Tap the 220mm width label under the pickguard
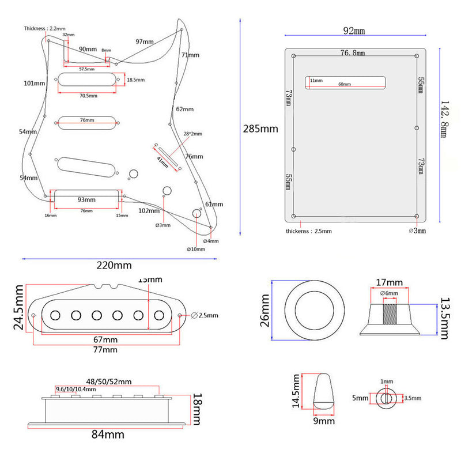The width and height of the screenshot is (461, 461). [x=114, y=266]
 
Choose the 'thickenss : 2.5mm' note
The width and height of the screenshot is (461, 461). [x=309, y=231]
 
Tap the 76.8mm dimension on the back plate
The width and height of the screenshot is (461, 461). [x=353, y=52]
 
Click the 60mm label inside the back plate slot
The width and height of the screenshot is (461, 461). [x=345, y=84]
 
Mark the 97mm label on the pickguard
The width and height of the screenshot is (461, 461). [x=145, y=41]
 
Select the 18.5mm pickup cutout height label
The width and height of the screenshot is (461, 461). [x=135, y=80]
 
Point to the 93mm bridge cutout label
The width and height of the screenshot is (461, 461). [x=86, y=200]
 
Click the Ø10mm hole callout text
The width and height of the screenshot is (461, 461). [x=196, y=250]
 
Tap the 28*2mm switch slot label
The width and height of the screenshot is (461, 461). [x=193, y=134]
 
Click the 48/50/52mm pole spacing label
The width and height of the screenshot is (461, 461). [x=108, y=381]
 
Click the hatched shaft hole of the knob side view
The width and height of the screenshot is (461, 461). [x=391, y=315]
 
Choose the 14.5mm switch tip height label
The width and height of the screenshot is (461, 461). [x=295, y=391]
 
